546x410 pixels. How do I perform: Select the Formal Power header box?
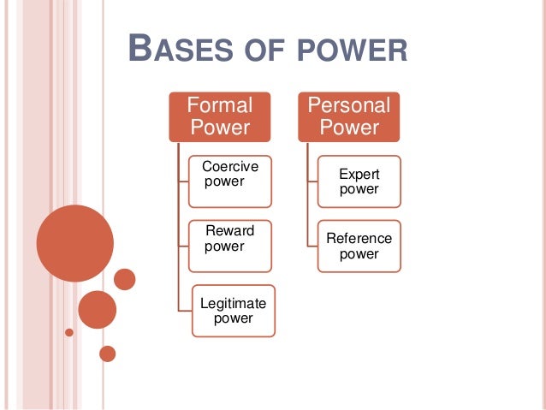click(221, 116)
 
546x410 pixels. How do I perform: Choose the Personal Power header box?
click(348, 116)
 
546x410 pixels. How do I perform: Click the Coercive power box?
click(230, 181)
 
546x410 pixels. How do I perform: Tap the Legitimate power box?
click(233, 310)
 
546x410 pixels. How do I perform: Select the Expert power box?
click(359, 181)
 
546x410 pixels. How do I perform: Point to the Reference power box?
click(359, 246)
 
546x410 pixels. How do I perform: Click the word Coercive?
click(229, 166)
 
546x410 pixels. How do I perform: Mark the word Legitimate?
click(233, 303)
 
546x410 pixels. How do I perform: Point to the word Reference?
click(359, 238)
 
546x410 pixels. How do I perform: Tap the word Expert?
click(359, 174)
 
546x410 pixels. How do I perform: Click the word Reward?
click(229, 231)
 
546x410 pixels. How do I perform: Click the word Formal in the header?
click(221, 105)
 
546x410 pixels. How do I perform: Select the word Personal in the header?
click(348, 105)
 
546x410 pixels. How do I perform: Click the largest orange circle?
click(75, 243)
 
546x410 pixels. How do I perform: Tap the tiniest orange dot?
click(69, 331)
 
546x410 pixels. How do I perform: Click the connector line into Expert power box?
click(312, 181)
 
